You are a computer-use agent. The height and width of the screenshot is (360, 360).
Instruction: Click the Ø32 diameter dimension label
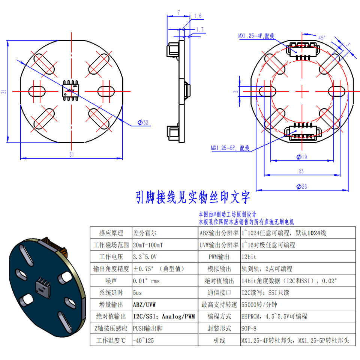(143, 122)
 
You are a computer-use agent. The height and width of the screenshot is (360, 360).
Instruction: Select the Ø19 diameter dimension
(301, 157)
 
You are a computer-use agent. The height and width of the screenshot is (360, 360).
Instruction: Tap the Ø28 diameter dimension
(301, 187)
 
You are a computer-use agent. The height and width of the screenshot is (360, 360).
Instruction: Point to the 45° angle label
(322, 38)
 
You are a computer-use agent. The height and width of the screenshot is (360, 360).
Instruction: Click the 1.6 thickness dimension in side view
(198, 16)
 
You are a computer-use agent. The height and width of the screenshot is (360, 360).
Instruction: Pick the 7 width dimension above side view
(178, 13)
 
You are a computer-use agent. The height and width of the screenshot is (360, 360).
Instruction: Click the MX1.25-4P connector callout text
(256, 36)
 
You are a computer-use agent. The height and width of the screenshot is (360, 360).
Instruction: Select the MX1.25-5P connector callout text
(230, 148)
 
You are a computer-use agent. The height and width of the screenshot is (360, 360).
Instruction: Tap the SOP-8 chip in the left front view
(71, 90)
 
